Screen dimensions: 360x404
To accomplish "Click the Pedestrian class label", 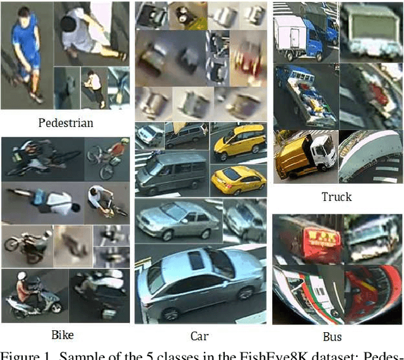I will [x=66, y=122].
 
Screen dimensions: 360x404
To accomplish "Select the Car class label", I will [x=199, y=336].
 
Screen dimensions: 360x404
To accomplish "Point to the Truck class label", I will [x=336, y=197].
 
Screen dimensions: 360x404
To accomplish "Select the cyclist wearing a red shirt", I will [x=116, y=150].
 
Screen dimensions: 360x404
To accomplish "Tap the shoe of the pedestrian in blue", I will [x=37, y=98].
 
